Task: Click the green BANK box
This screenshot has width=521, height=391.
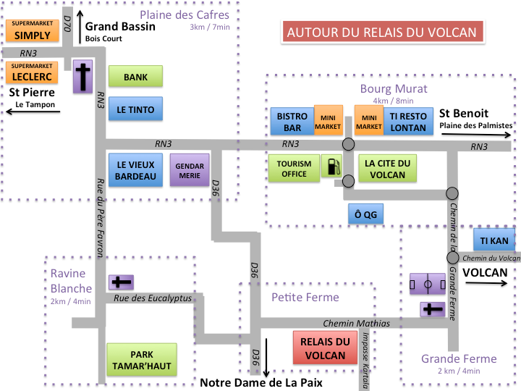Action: click(135, 77)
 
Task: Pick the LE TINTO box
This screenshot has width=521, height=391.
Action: click(135, 109)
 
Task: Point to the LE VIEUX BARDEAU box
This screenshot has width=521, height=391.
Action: click(135, 170)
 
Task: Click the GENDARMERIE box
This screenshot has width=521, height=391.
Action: click(189, 171)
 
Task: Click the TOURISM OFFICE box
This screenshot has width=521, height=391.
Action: click(294, 169)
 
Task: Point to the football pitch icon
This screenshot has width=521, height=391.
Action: click(426, 284)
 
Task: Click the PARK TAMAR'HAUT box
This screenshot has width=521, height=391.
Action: click(142, 361)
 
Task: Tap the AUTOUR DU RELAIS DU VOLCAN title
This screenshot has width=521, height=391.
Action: click(382, 31)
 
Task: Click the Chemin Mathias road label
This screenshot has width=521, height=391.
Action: click(356, 323)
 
